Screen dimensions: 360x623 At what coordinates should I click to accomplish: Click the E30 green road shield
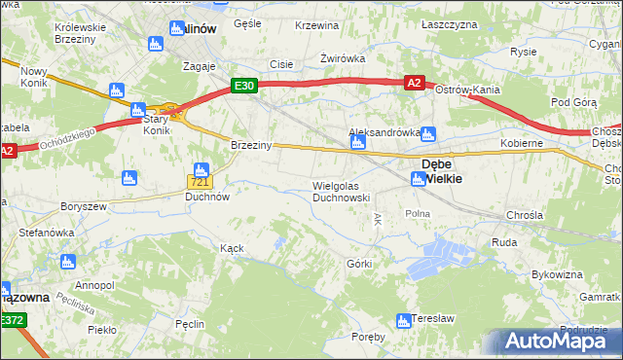[x=244, y=86]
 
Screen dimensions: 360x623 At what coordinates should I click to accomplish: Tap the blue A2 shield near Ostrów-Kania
[x=415, y=84]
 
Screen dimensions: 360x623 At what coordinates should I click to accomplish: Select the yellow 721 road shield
[x=200, y=182]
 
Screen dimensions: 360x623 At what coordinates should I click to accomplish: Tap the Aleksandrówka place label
[x=385, y=131]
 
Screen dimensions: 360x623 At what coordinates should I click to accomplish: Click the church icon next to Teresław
[x=403, y=321]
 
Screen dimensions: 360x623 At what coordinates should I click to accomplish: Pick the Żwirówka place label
[x=344, y=58]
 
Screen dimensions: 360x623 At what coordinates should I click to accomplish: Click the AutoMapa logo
[x=557, y=341]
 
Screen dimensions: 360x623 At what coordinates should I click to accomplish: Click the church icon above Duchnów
[x=202, y=171]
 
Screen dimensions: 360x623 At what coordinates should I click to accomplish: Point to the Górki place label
[x=360, y=264]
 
